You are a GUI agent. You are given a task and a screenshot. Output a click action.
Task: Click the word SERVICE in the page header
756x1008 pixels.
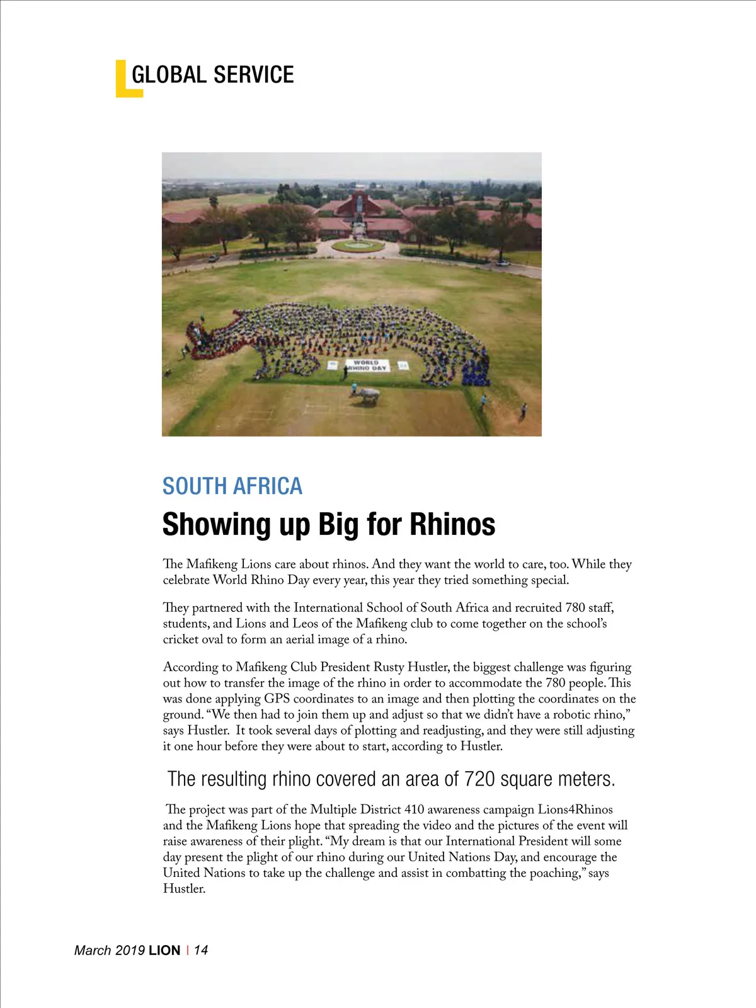point(253,75)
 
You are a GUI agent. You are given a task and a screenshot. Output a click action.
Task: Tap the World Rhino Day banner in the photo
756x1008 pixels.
point(366,365)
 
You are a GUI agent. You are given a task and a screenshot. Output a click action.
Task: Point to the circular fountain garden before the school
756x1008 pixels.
point(357,245)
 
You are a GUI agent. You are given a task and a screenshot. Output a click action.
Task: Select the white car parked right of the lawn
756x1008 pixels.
point(502,262)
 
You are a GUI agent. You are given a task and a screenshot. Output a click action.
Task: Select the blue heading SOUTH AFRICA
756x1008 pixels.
point(232,486)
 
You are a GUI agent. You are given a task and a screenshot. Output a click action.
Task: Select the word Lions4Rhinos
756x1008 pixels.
point(575,810)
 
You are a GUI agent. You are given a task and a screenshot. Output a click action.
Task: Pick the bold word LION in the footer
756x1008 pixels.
point(164,950)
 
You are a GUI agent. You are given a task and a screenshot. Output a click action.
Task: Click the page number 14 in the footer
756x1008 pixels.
point(201,950)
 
